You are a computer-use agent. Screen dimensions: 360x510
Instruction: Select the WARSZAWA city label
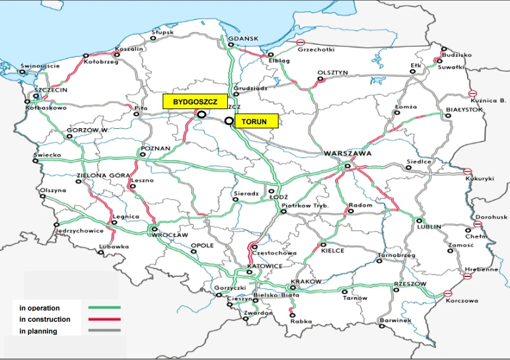(347, 153)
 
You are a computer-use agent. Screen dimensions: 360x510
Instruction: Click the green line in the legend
(104, 308)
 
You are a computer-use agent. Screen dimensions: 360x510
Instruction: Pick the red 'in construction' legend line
(104, 320)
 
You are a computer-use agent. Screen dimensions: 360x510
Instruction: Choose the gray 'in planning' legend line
(104, 331)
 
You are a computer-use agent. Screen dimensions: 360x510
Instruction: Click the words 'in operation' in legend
(40, 308)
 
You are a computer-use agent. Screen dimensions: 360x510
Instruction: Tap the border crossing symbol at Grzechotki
(283, 42)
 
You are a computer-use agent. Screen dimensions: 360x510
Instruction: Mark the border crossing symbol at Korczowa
(448, 293)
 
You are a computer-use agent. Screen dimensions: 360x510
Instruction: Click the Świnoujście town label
(40, 66)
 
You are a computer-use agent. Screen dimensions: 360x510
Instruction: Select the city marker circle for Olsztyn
(321, 79)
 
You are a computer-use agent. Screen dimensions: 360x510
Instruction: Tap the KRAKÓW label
(306, 281)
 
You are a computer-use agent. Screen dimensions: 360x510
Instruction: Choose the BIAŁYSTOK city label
(464, 109)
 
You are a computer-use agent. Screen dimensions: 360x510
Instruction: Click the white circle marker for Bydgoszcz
(201, 114)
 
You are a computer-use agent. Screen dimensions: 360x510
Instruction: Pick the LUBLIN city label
(429, 227)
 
